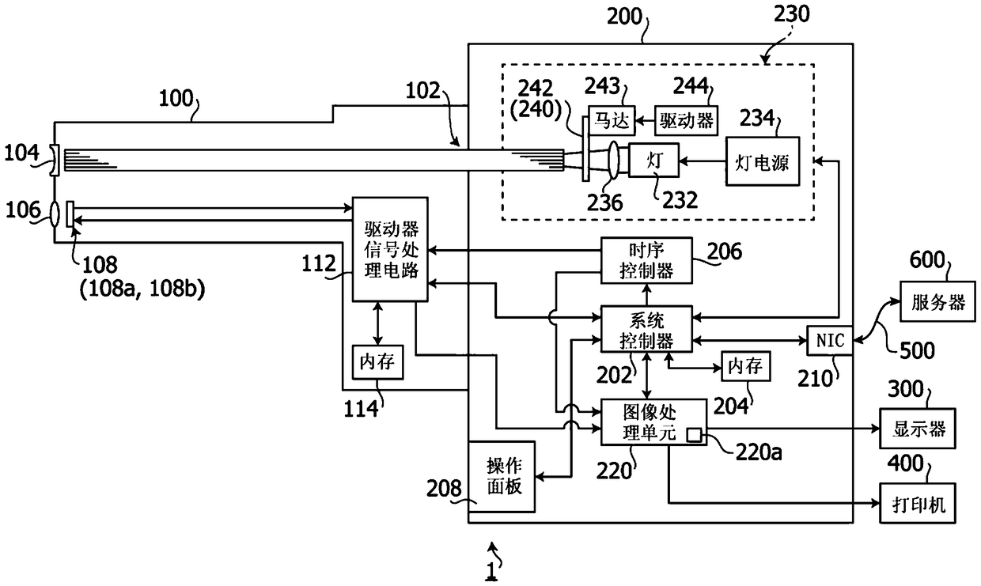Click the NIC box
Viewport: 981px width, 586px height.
point(830,340)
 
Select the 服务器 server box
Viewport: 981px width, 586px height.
point(937,302)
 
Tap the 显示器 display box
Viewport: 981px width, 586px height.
point(918,429)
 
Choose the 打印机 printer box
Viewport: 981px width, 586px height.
point(918,503)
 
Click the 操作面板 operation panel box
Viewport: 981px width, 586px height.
point(502,476)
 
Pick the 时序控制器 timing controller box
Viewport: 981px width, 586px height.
point(646,260)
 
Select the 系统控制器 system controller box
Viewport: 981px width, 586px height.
point(646,329)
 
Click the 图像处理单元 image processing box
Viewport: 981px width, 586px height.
point(653,422)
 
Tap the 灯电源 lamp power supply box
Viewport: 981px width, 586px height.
point(763,161)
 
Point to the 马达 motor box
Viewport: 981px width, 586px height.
point(612,120)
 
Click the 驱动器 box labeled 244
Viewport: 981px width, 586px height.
point(686,120)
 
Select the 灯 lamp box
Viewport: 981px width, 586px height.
point(653,161)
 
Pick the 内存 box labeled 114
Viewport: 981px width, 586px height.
point(377,362)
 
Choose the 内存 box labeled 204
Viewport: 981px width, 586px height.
point(745,366)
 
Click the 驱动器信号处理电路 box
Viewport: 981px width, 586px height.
point(390,249)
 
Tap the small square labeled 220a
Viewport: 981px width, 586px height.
point(694,436)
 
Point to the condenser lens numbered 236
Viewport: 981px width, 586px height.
point(613,161)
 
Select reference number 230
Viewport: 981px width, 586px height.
point(792,14)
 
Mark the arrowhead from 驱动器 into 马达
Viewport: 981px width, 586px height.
point(639,120)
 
